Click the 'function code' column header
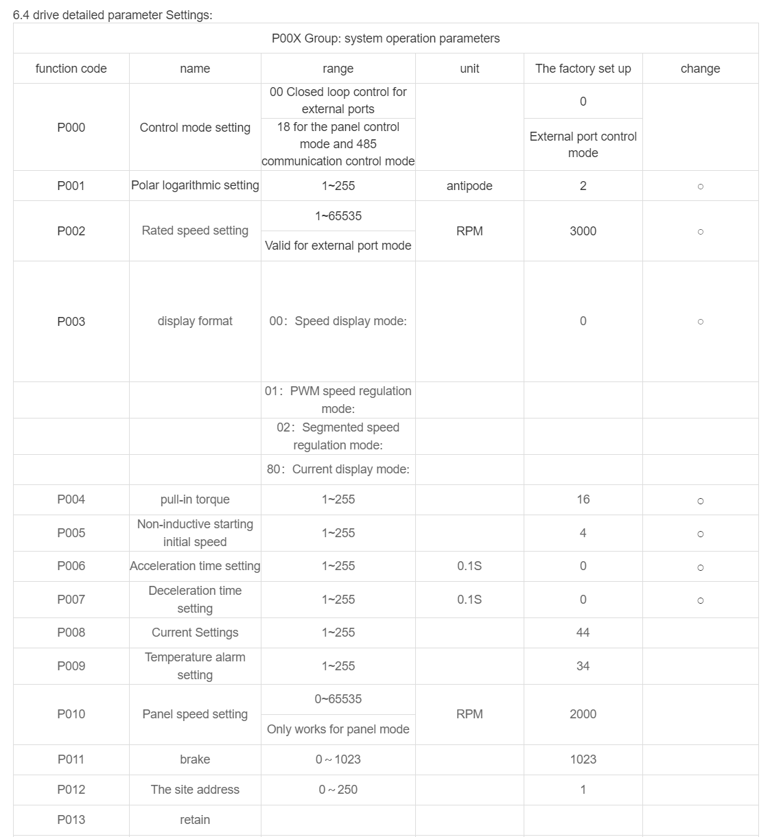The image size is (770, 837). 71,69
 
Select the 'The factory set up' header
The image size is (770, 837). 583,69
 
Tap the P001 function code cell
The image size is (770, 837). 71,186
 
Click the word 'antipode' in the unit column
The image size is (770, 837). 469,186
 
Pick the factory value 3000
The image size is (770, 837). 583,231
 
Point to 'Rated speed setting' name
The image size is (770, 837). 195,231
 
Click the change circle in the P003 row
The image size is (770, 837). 700,322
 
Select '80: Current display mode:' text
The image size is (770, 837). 338,469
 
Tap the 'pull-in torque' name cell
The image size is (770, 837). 195,499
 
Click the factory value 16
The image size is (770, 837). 583,499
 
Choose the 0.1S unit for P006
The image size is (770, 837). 469,566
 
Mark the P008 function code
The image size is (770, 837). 71,633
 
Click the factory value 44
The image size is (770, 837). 583,633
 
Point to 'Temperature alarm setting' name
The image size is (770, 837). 195,666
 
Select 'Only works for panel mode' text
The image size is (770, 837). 338,729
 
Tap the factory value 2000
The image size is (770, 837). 583,714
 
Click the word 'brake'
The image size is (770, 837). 195,759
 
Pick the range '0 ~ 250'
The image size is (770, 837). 338,790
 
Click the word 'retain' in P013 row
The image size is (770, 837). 195,820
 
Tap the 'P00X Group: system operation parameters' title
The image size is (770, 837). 386,38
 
